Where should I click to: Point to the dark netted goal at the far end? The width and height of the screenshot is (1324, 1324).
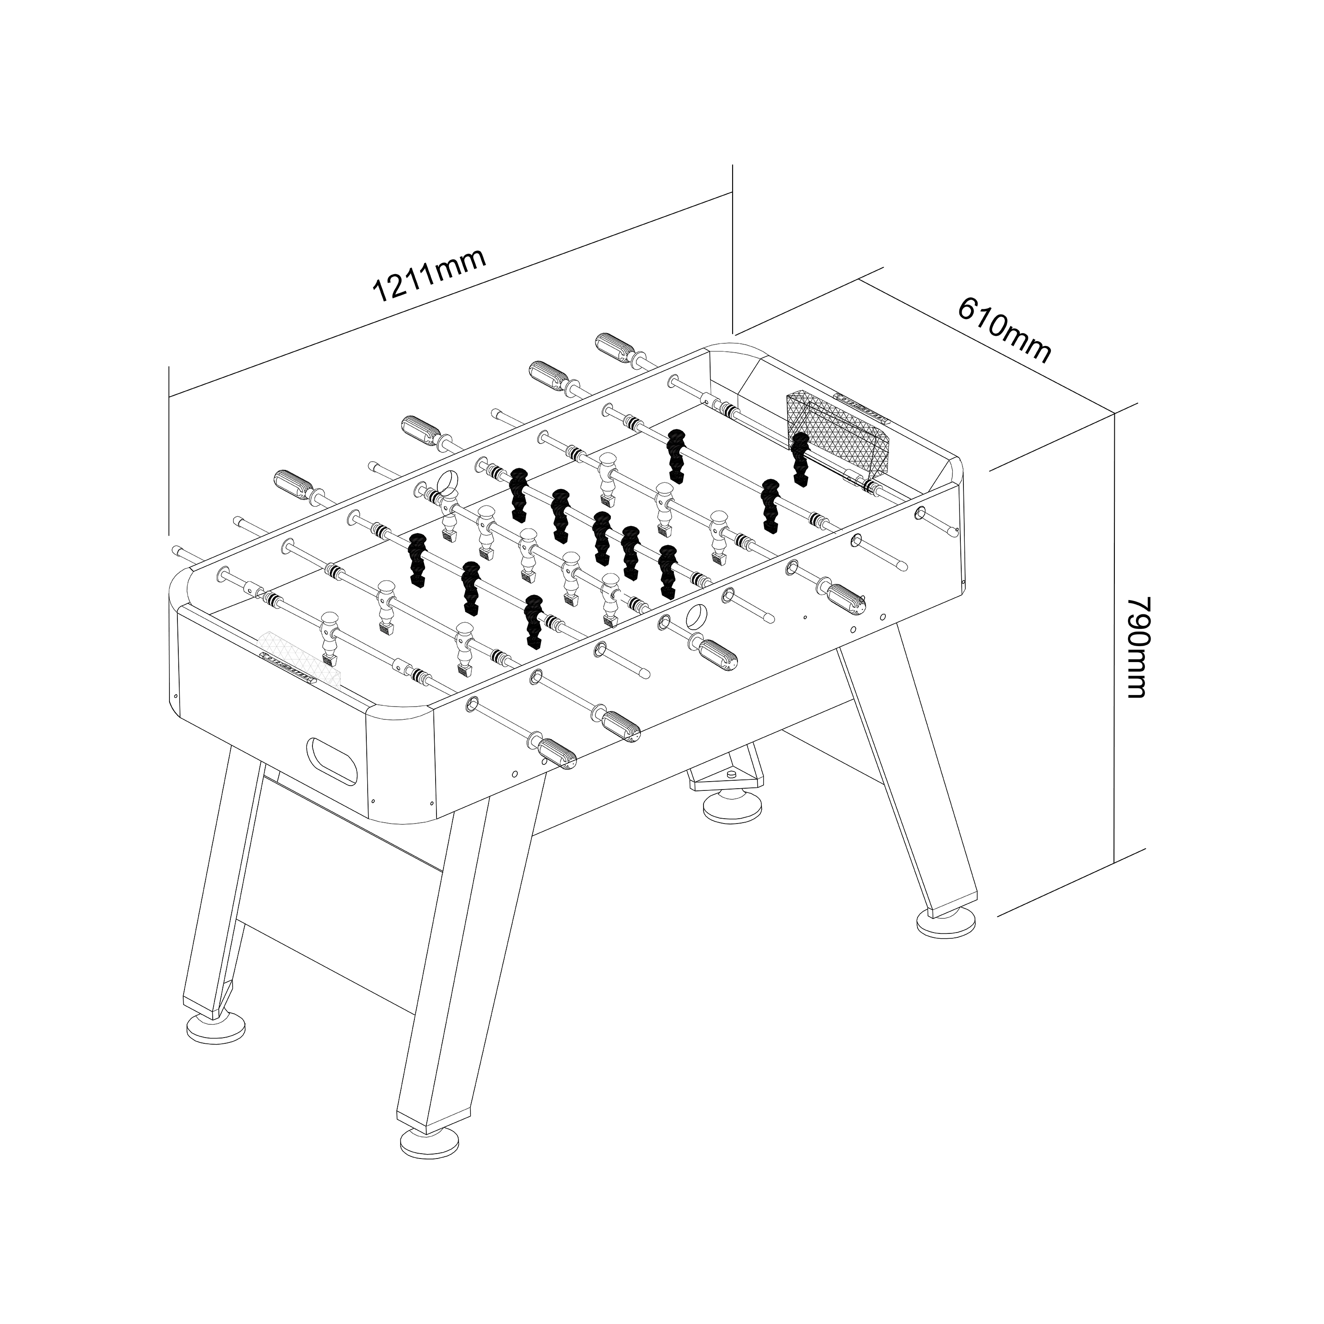click(839, 432)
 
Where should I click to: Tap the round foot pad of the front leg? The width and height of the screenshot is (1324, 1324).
click(430, 1143)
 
